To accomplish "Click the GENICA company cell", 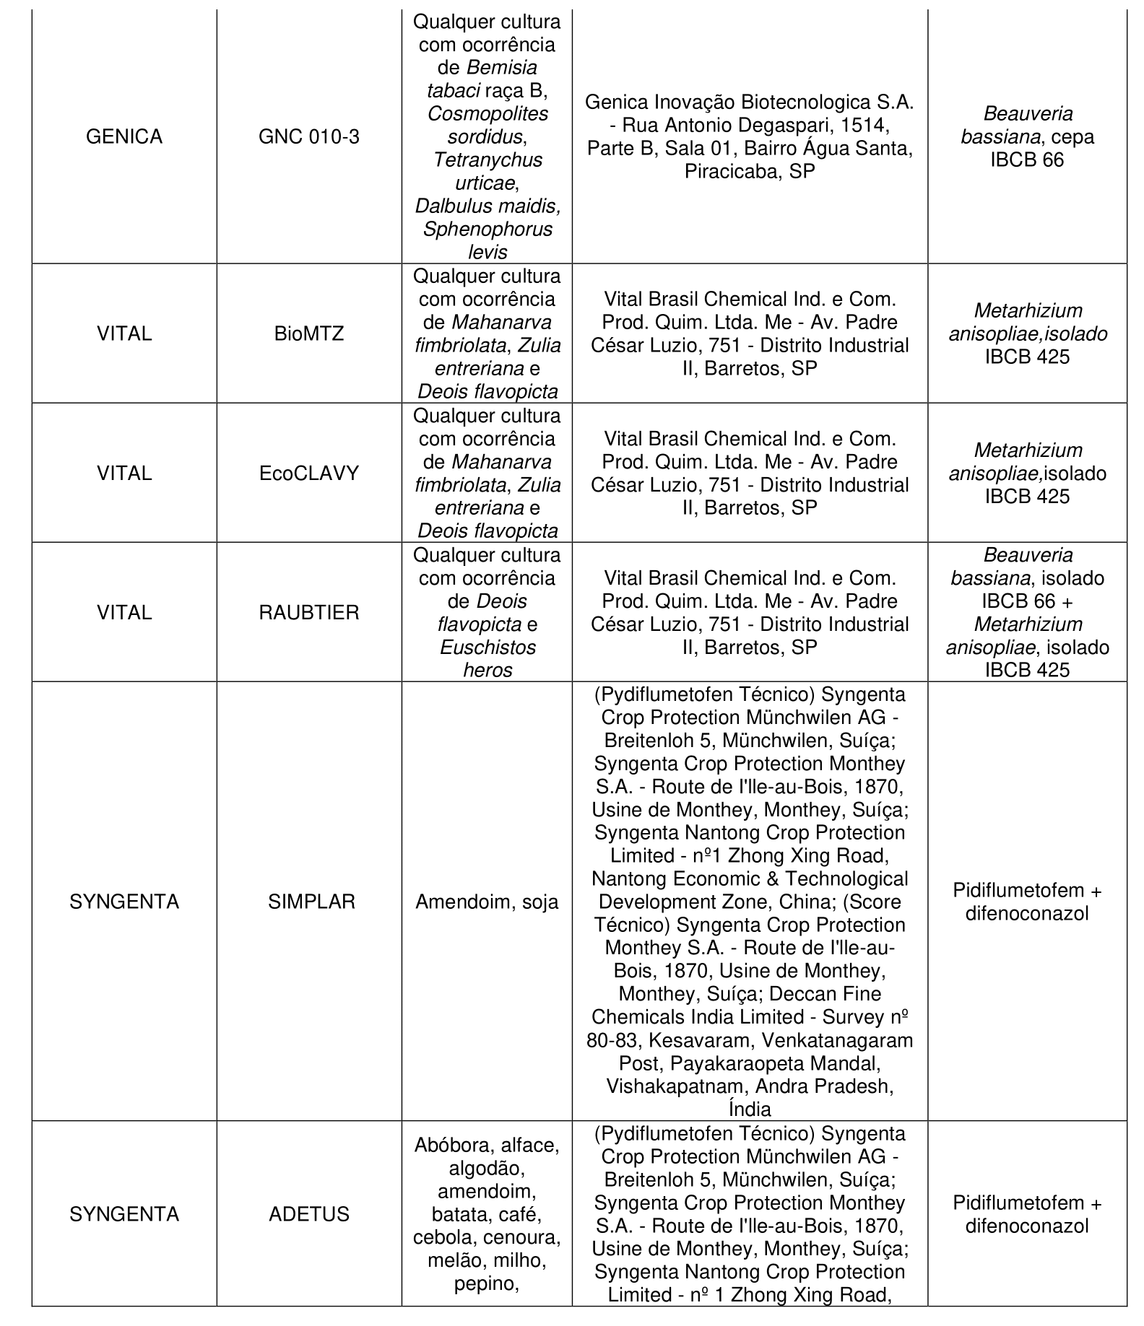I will coord(124,137).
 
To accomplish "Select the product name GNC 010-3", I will coord(309,137).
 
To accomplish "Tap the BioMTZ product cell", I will coord(309,334).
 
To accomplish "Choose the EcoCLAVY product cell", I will coord(309,474).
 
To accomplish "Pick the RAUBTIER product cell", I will coord(309,613).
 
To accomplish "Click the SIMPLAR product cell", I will coord(311,902).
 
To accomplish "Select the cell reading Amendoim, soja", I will coord(487,902).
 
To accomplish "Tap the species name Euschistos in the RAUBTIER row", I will coord(487,647).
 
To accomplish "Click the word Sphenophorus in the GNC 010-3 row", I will coord(487,230).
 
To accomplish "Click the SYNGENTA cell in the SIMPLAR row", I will coord(124,902).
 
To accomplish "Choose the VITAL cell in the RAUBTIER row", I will coord(124,613).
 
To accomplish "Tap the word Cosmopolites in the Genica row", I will coord(487,114).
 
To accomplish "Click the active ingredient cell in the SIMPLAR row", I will coord(1027,902).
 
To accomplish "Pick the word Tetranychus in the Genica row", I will coord(487,160).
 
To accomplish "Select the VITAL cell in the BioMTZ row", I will coord(124,334).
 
